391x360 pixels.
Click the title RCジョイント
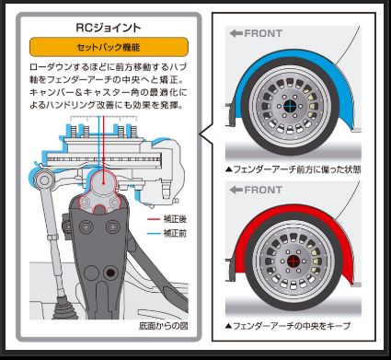[x=109, y=28]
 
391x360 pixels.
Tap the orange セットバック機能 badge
[x=109, y=47]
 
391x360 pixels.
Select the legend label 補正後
[x=174, y=220]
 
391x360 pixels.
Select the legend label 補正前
[x=174, y=234]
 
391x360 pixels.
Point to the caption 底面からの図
[x=163, y=326]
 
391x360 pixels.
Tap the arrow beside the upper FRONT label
[x=236, y=33]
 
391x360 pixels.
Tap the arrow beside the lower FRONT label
[x=236, y=190]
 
